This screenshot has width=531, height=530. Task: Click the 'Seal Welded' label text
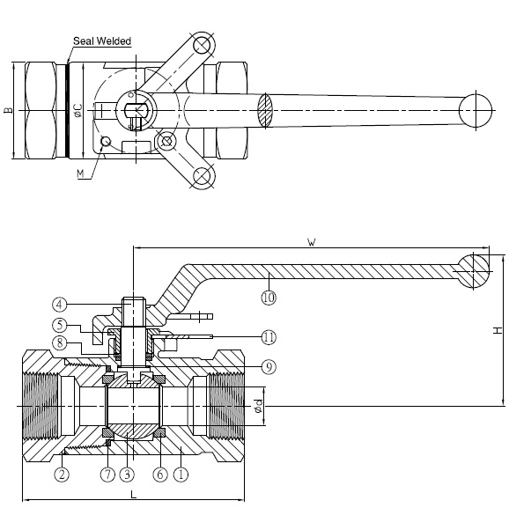102,41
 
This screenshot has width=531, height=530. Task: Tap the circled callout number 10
269,298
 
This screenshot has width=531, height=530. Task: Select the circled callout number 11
269,337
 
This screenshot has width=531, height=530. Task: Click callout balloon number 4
60,305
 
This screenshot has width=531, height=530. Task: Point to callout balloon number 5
60,326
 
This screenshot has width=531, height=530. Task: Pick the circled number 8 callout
60,343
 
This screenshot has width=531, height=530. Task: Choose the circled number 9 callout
269,367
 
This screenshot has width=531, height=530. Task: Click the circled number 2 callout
62,475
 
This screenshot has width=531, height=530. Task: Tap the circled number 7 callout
108,475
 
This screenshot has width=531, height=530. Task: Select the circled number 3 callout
128,475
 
